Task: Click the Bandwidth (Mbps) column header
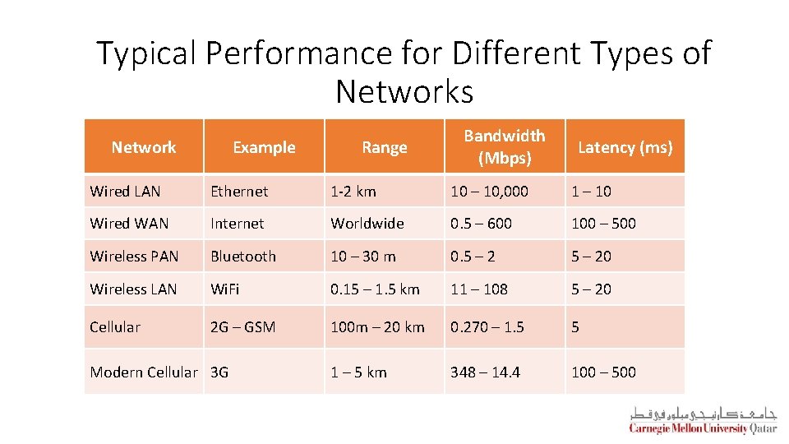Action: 504,146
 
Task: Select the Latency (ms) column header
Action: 625,147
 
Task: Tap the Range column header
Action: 384,147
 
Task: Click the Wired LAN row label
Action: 125,191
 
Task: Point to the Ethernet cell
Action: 239,191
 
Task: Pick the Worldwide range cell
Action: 367,224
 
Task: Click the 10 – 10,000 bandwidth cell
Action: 490,191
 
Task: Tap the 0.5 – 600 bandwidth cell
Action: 481,224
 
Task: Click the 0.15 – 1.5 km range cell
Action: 375,289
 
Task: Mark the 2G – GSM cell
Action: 242,327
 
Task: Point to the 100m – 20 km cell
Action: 377,327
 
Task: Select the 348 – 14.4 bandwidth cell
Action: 485,372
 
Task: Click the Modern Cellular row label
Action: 144,372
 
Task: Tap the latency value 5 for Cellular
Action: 575,327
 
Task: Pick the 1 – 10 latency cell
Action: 591,191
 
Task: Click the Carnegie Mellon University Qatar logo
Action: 703,420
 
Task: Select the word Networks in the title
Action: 404,91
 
